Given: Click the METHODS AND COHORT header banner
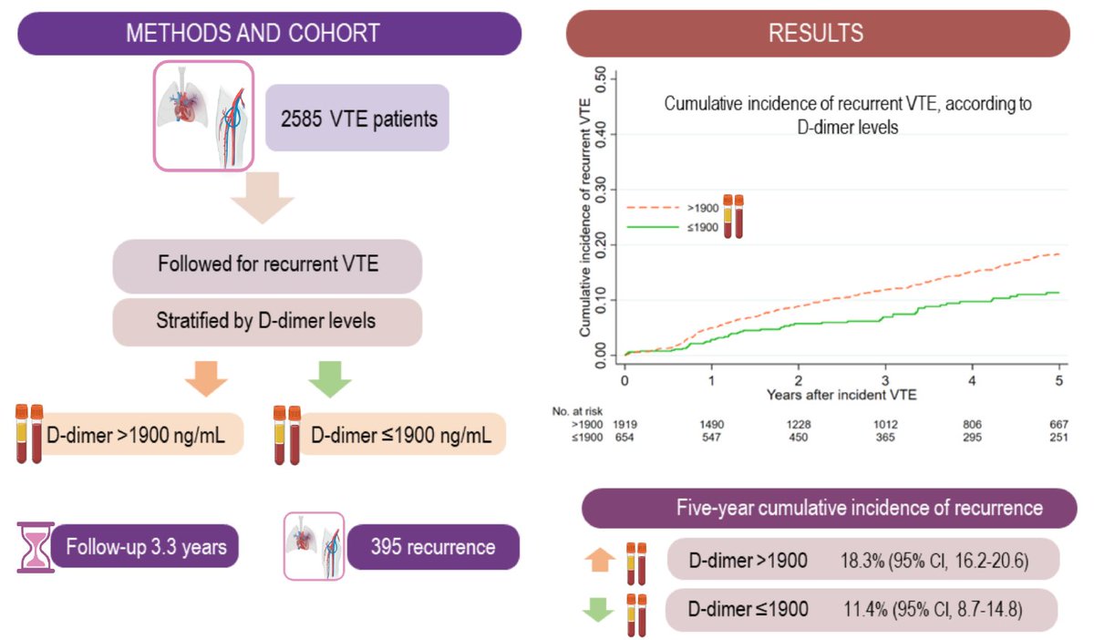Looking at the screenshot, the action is (x=270, y=33).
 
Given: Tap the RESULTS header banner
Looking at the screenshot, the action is (x=818, y=33).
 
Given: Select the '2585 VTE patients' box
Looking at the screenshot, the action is (x=357, y=118).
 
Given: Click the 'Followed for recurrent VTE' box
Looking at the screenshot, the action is (x=268, y=266).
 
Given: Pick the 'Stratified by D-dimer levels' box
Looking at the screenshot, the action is (x=268, y=322).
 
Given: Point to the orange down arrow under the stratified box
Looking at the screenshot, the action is (x=206, y=378).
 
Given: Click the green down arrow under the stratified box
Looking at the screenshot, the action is (x=330, y=378).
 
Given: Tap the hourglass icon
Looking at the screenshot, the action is (x=36, y=547).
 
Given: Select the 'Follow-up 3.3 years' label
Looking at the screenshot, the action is (x=145, y=546).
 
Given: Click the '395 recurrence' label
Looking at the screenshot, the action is (x=433, y=547).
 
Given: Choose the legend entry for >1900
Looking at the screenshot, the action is (x=672, y=208).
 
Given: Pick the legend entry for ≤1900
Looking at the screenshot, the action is (x=672, y=227).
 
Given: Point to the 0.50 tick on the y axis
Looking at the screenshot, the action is (x=601, y=79).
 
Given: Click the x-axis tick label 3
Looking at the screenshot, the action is (x=885, y=380).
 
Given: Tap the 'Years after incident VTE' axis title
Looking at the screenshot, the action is (x=841, y=395).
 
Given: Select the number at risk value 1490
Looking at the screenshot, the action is (x=712, y=425).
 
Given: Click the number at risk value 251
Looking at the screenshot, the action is (x=1058, y=438).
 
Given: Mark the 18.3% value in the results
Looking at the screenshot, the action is (x=862, y=561).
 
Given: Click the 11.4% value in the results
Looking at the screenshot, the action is (x=865, y=609).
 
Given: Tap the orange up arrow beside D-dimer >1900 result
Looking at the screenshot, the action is (x=600, y=560).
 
